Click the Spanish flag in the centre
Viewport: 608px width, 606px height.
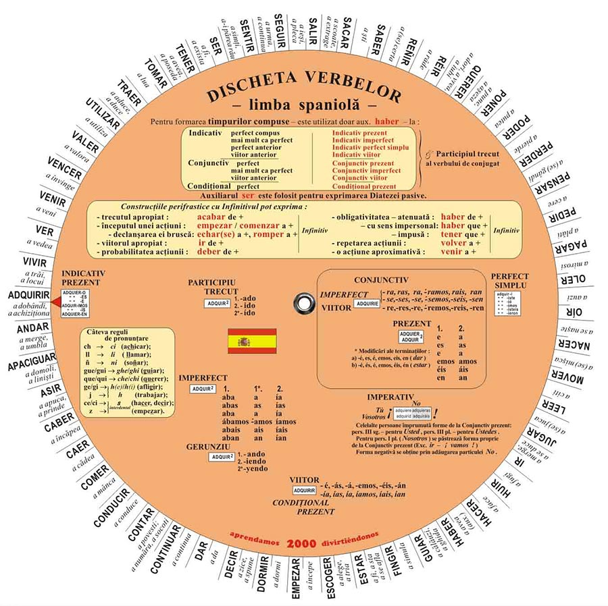[252, 341]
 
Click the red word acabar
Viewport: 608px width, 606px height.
[211, 216]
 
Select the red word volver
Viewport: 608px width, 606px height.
[458, 242]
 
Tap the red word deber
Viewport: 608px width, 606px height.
[212, 252]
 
